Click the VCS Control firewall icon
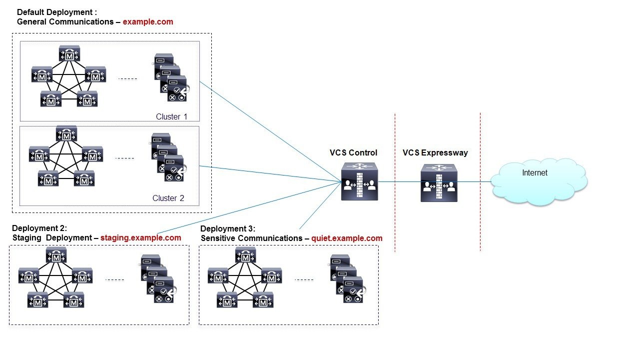click(360, 183)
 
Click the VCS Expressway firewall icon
click(439, 183)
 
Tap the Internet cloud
click(538, 181)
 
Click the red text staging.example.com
click(140, 237)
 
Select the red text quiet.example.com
click(347, 238)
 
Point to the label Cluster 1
click(171, 116)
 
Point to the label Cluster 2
click(168, 198)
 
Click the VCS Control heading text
click(353, 153)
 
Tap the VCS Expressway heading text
click(435, 153)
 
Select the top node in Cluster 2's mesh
click(66, 134)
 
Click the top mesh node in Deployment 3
click(245, 255)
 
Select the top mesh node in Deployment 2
click(56, 255)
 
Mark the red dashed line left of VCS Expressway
click(395, 182)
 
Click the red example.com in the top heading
click(148, 21)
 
